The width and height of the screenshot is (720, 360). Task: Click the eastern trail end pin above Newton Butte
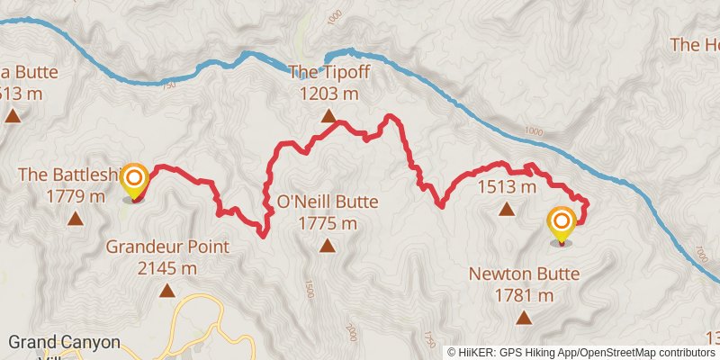coord(562,224)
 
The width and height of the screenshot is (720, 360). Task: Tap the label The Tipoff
coord(328,73)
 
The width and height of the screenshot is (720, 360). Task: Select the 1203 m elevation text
coord(328,93)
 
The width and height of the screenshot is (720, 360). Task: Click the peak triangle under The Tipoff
coord(328,116)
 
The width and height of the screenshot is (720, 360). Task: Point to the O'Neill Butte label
coord(327,202)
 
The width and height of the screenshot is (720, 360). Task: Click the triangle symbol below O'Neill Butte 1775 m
coord(327,246)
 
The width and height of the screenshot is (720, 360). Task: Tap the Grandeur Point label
coord(167,247)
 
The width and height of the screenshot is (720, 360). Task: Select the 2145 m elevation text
coord(167,267)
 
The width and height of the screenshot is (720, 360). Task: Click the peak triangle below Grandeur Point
coord(167,290)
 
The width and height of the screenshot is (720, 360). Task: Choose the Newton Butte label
coord(524,274)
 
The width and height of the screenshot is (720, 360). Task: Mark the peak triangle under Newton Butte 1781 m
coord(524,317)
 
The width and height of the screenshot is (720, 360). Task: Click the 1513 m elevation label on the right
coord(507,187)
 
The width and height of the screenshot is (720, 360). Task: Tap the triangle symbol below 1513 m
coord(507,211)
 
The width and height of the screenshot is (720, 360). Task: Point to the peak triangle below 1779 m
coord(75,218)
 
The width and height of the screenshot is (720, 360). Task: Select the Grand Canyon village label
coord(63,343)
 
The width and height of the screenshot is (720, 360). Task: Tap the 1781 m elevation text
coord(524,294)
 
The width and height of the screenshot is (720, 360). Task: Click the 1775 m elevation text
coord(327,223)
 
